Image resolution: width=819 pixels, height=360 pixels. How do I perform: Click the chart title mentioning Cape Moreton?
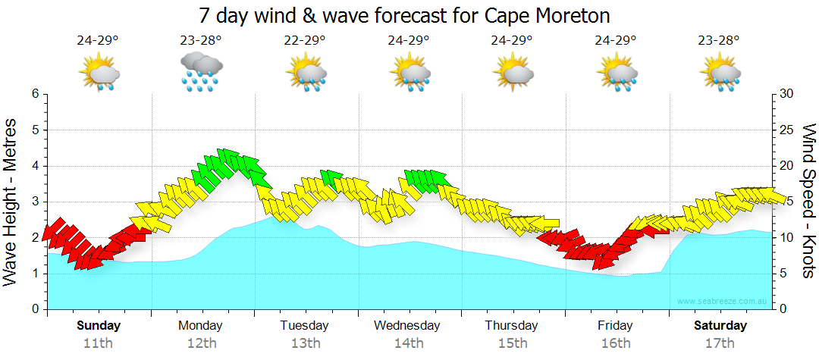(405, 15)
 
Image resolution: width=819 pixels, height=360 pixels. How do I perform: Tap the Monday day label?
(200, 325)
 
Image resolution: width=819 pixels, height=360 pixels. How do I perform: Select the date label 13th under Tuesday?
(305, 343)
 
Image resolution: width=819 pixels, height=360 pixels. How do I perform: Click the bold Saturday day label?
(720, 325)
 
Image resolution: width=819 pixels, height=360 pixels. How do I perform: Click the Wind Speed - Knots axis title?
(808, 201)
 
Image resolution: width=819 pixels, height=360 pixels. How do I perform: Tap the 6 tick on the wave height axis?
(35, 94)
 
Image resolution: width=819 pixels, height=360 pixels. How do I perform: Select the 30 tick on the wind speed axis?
(786, 94)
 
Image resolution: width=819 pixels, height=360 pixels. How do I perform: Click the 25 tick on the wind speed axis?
(786, 130)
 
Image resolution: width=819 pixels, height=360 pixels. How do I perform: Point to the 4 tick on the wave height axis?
(35, 166)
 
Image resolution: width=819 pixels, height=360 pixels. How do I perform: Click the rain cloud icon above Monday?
(201, 72)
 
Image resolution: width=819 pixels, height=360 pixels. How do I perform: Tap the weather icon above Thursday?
(513, 72)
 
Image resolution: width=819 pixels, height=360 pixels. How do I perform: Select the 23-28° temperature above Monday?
(201, 41)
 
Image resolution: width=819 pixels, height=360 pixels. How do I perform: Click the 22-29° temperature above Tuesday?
(305, 41)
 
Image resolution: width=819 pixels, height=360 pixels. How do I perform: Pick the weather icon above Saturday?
(720, 72)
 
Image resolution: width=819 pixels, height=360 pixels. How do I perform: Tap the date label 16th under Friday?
(616, 343)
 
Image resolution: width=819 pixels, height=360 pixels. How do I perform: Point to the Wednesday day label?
(408, 325)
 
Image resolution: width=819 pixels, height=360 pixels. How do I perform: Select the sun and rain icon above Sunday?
(99, 72)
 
